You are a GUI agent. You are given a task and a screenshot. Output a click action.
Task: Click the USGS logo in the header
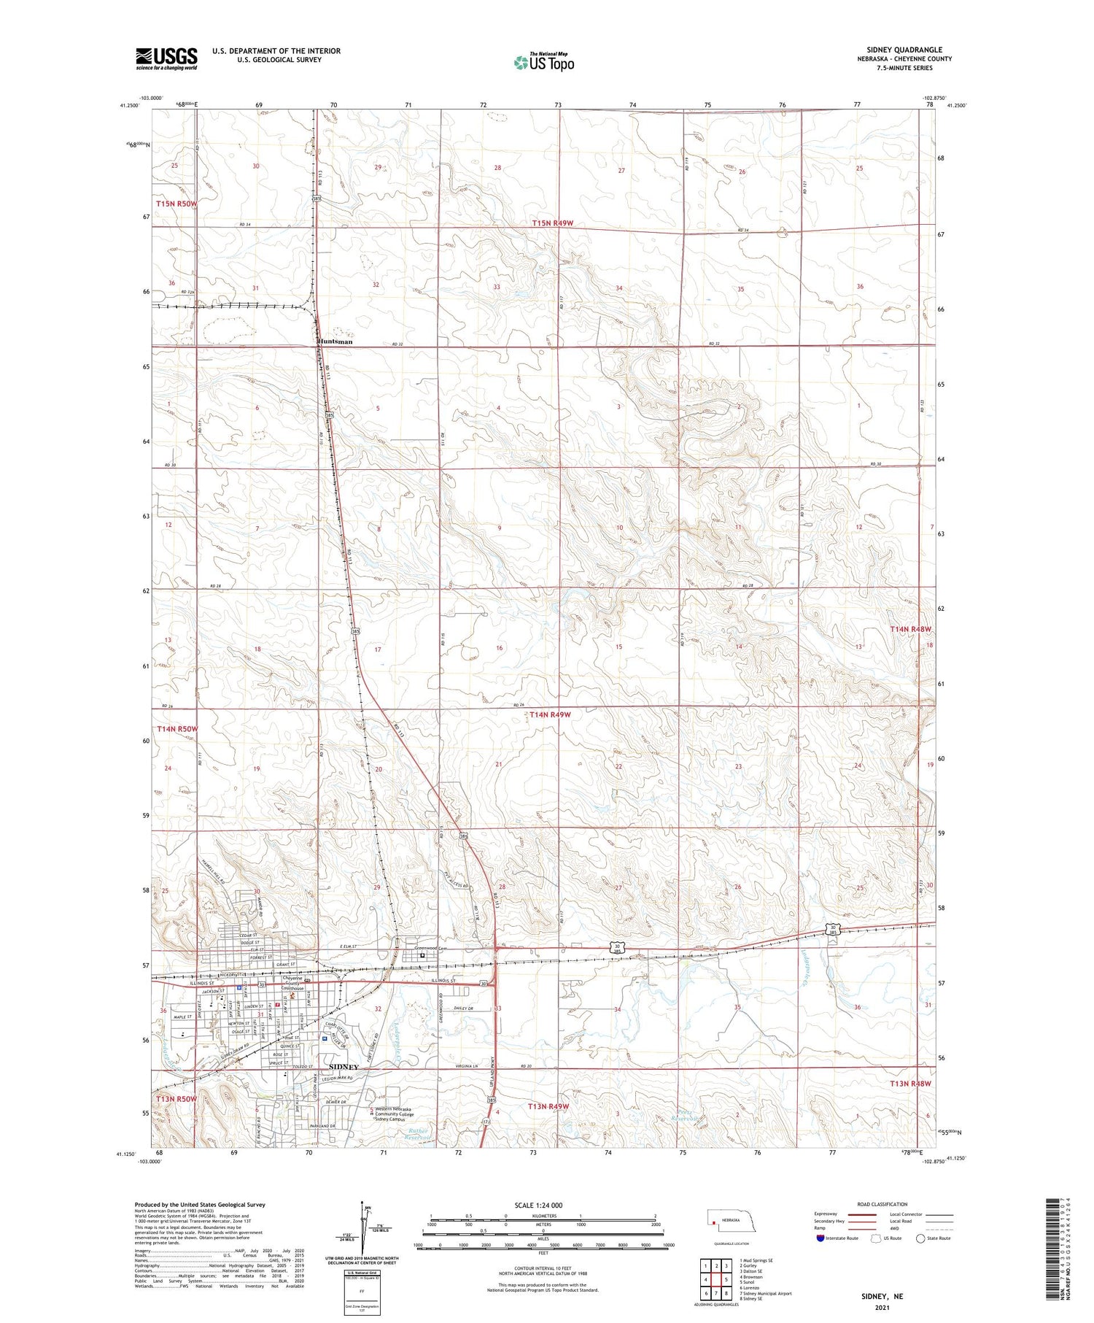(x=166, y=58)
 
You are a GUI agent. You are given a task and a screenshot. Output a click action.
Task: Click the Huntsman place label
(x=335, y=342)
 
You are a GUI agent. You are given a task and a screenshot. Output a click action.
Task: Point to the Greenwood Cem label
(x=429, y=949)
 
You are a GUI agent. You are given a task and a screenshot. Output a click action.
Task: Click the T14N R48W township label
(x=910, y=629)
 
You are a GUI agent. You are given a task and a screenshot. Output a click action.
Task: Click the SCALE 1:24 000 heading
(x=538, y=1206)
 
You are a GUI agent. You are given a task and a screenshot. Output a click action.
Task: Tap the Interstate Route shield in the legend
(x=820, y=1238)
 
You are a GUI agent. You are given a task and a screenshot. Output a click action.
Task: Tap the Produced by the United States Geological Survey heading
(x=199, y=1205)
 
